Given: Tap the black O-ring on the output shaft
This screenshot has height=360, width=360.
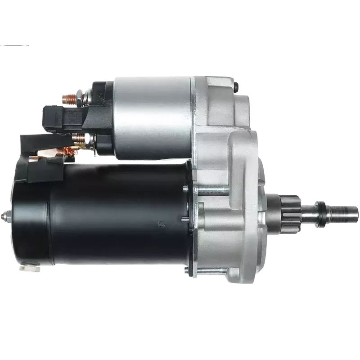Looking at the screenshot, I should tap(322, 208).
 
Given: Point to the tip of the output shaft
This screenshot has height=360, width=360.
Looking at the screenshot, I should tap(355, 209).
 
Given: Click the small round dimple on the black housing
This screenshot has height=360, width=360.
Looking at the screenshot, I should tap(161, 222).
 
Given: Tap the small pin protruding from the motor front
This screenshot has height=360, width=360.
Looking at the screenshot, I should tap(185, 219).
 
